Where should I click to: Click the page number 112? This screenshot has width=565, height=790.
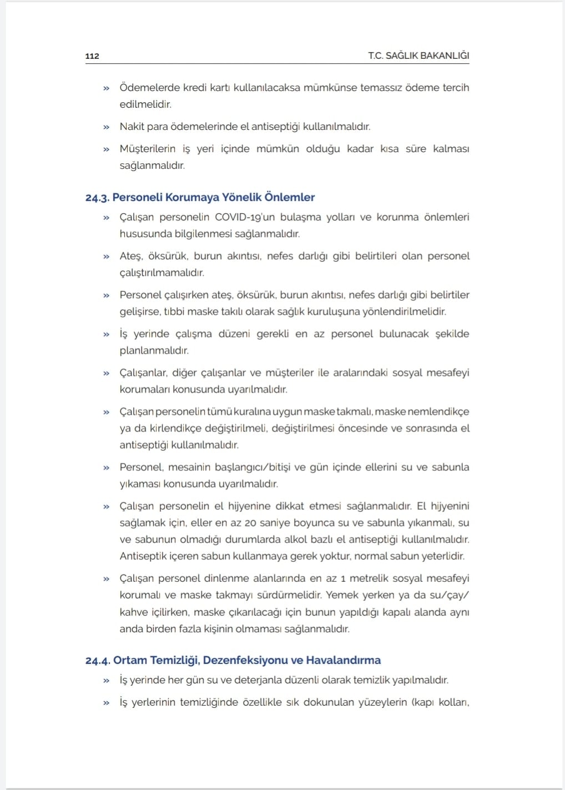(x=92, y=56)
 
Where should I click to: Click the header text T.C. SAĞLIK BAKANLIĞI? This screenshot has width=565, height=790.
(x=418, y=56)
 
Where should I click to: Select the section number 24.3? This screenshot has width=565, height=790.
(x=97, y=198)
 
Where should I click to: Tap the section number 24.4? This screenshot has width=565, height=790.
(x=98, y=661)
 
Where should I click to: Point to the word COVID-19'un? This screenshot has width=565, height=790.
(x=245, y=217)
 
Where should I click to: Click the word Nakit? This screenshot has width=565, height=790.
(x=132, y=127)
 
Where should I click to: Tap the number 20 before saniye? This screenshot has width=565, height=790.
(x=250, y=523)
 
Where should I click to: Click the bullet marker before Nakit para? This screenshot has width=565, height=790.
(x=106, y=127)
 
